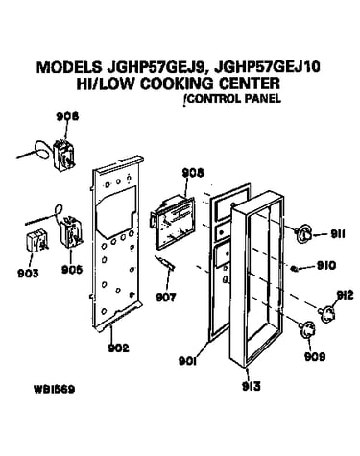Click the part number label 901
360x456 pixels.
tap(187, 361)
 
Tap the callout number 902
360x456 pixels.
tap(118, 348)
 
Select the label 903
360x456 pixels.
tap(28, 274)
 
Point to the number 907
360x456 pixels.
tap(166, 298)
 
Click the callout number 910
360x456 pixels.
tap(326, 265)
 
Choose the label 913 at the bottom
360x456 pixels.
tap(252, 386)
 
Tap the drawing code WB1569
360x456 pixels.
tap(54, 390)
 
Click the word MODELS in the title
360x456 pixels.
tap(68, 67)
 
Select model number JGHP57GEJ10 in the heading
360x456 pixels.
tap(268, 67)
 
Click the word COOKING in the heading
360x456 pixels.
tap(177, 84)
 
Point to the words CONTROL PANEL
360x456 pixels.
tap(234, 98)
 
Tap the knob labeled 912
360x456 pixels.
tap(326, 314)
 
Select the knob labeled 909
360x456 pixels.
tap(306, 330)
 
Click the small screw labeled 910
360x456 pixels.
tap(294, 269)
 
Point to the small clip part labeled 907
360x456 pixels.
tap(165, 262)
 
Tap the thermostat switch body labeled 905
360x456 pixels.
tap(72, 231)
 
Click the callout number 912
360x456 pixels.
tap(345, 295)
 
